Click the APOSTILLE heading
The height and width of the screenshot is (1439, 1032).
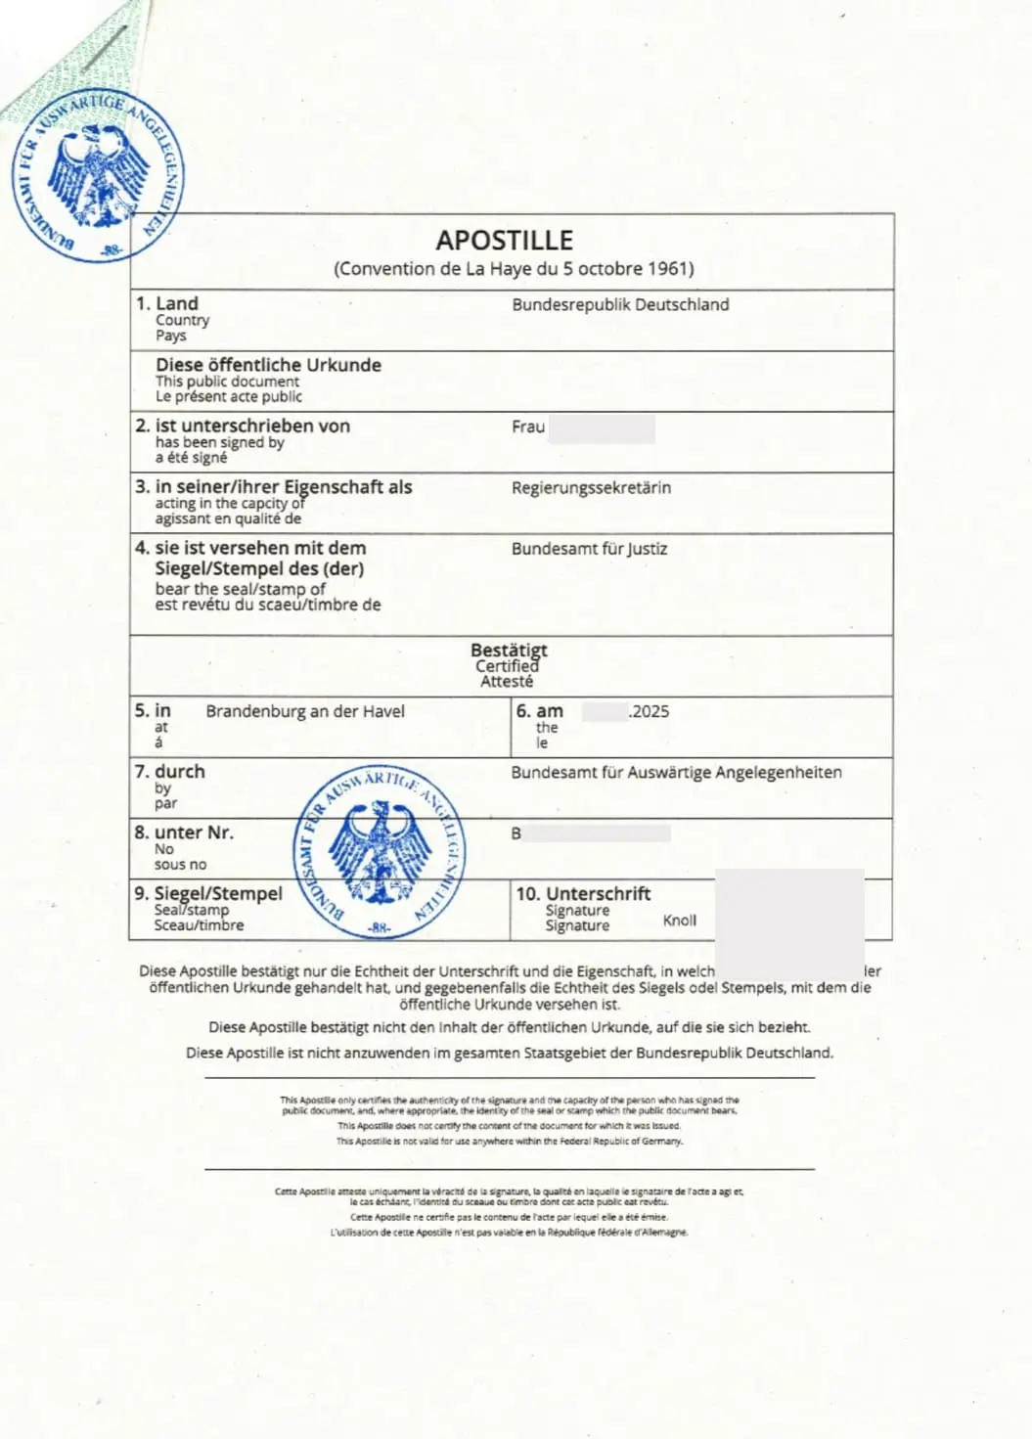[x=504, y=240]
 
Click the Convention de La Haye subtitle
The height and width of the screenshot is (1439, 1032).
[x=514, y=269]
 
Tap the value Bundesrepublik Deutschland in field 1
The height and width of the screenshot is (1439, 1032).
[x=620, y=304]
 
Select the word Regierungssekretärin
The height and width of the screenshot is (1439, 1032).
[x=591, y=487]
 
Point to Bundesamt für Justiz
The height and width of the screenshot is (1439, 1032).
[x=589, y=549]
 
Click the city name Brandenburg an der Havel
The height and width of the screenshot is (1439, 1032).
[x=305, y=711]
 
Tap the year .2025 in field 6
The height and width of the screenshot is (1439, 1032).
[x=650, y=711]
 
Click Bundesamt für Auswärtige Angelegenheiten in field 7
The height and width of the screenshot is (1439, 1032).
[x=676, y=772]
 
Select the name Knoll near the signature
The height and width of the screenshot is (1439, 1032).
[x=680, y=920]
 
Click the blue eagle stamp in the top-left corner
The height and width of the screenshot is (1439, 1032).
[x=100, y=178]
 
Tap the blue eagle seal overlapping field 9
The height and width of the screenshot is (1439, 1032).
[x=380, y=852]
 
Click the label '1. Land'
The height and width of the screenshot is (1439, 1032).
[x=167, y=303]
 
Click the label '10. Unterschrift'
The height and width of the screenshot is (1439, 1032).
[x=583, y=893]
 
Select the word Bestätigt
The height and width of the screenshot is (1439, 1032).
[x=509, y=651]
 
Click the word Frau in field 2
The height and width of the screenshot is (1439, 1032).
[x=528, y=427]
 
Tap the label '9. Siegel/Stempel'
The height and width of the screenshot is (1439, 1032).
[x=208, y=893]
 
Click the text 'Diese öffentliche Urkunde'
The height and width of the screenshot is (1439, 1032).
[x=268, y=365]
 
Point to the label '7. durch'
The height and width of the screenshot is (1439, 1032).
[x=170, y=772]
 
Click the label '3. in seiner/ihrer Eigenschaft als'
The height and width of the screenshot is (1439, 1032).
[x=274, y=486]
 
